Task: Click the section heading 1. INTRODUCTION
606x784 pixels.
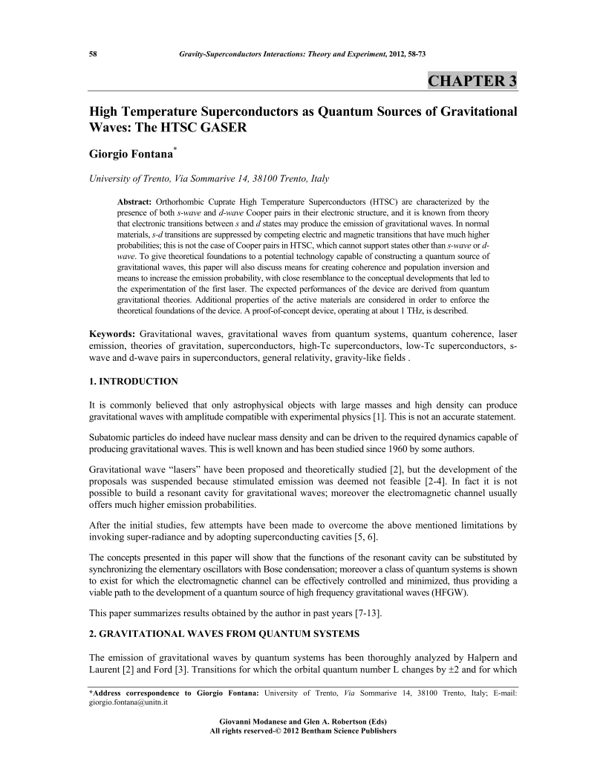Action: coord(134,381)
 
